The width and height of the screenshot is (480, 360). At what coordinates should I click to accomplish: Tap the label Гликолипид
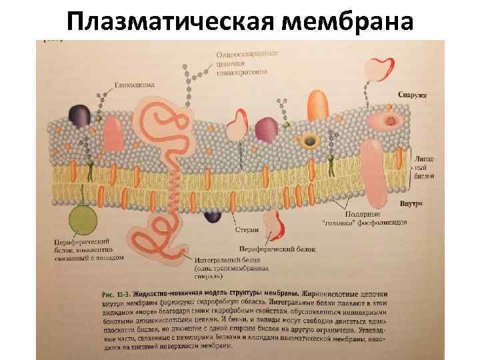point(135,85)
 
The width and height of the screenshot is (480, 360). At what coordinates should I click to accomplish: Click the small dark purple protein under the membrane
point(213,214)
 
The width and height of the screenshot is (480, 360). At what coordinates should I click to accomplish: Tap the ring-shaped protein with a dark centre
point(309,141)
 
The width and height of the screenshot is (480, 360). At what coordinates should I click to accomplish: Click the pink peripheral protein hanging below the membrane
point(275,227)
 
